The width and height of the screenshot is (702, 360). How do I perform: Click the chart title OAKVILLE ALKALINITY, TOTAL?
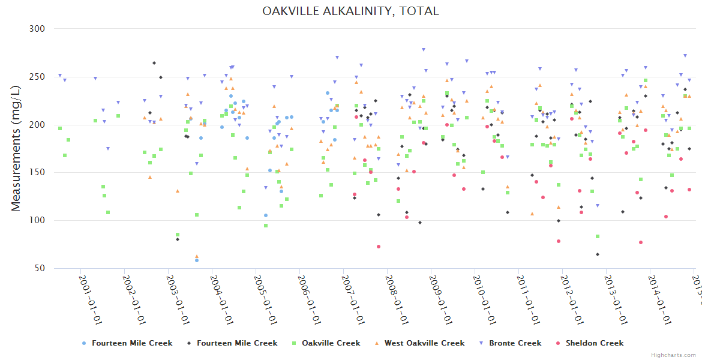pos(350,11)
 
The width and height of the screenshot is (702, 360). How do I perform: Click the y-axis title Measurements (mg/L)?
pos(16,148)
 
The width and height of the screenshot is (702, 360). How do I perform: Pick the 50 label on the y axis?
pos(40,269)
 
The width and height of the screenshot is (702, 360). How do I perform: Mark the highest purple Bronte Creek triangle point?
pos(424,50)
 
